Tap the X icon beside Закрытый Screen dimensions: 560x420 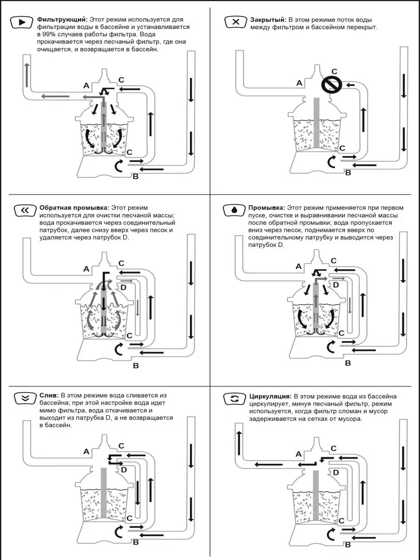(x=236, y=22)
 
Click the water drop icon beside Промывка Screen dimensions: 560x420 (x=234, y=210)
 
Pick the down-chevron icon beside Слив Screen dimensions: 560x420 (x=25, y=399)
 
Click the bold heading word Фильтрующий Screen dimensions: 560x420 (x=62, y=20)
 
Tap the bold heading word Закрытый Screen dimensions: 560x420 (x=267, y=20)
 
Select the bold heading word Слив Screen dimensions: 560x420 (x=49, y=396)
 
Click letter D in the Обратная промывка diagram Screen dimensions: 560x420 (x=123, y=288)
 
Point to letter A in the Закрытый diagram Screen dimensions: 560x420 (x=300, y=83)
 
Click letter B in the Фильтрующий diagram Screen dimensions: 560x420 (x=135, y=176)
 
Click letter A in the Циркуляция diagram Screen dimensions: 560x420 (x=299, y=454)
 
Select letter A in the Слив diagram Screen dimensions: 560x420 (x=86, y=451)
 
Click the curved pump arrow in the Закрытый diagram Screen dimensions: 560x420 (x=332, y=161)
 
